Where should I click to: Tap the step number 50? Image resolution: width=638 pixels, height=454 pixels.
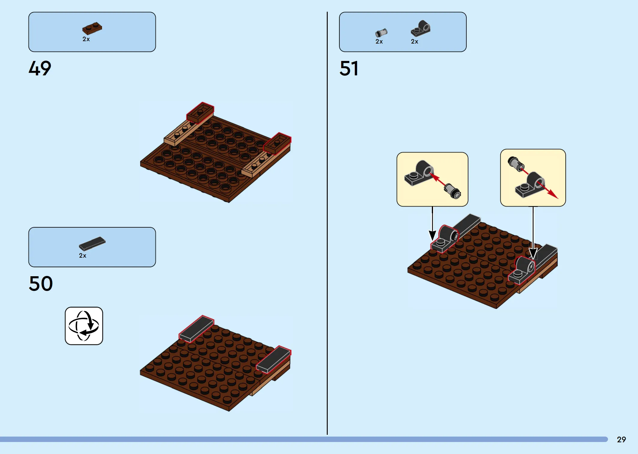(x=41, y=283)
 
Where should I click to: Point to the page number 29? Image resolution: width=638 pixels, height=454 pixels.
(x=621, y=440)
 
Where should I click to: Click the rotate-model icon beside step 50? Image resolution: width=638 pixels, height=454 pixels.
(x=84, y=326)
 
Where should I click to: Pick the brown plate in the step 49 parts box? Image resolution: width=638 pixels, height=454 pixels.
(x=92, y=28)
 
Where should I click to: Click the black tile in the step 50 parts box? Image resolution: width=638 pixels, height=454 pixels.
(x=92, y=244)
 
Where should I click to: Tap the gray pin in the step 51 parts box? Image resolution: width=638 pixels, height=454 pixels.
(x=381, y=33)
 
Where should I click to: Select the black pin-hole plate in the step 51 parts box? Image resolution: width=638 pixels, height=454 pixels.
(x=420, y=28)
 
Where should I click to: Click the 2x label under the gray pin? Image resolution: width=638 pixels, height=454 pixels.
(x=379, y=41)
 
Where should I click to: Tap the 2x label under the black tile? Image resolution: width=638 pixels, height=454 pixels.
(x=83, y=256)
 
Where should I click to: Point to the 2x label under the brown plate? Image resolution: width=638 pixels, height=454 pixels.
(x=86, y=39)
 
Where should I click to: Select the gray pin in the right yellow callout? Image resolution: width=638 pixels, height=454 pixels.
(x=516, y=164)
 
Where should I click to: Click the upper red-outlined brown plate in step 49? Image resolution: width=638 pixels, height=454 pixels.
(x=200, y=113)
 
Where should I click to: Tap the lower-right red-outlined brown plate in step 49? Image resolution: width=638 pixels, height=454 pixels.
(x=277, y=144)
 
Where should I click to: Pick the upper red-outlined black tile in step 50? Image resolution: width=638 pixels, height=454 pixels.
(x=197, y=328)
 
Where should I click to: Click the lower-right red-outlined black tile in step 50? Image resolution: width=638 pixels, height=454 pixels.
(x=274, y=359)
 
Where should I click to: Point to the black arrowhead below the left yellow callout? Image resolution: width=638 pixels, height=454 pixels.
(x=432, y=235)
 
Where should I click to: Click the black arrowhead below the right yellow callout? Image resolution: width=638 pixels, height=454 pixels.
(x=533, y=253)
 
